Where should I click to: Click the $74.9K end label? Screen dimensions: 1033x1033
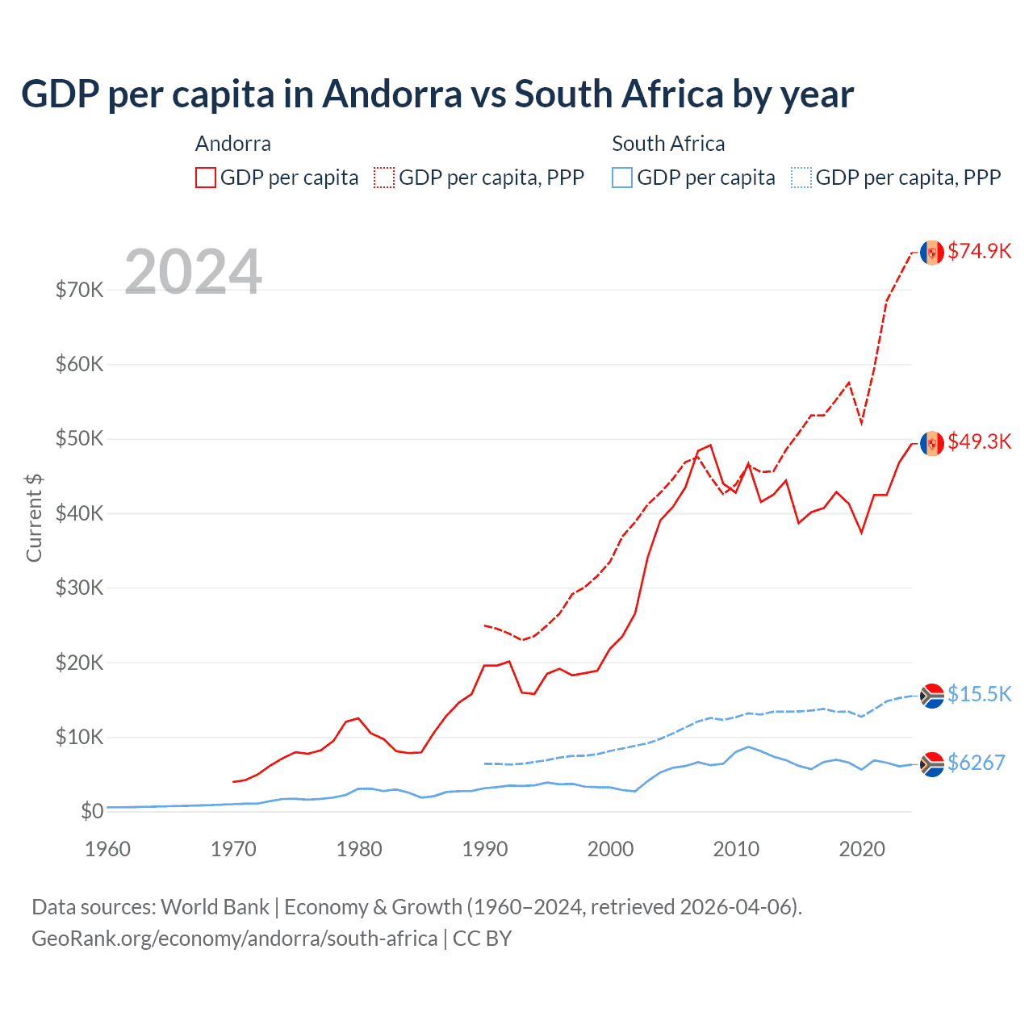pos(979,251)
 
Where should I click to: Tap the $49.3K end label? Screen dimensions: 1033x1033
pos(979,441)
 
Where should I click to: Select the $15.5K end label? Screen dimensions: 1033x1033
pos(979,694)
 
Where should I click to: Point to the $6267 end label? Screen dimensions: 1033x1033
pos(976,763)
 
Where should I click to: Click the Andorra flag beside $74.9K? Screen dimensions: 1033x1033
pos(932,253)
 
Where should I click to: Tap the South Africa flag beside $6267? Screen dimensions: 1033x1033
pos(932,763)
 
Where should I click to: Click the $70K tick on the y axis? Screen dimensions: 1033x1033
pos(79,290)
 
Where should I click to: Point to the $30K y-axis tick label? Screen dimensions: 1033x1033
pos(79,588)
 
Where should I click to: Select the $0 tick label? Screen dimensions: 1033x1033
pos(92,811)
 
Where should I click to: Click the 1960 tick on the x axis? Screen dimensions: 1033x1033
pos(107,849)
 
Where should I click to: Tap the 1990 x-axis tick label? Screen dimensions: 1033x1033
pos(485,849)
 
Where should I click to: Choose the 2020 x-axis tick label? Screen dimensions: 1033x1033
pos(862,849)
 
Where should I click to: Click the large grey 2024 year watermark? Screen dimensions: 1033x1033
pos(194,272)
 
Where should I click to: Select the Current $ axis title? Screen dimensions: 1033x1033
pos(34,517)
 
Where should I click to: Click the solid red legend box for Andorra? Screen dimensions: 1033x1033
pos(206,178)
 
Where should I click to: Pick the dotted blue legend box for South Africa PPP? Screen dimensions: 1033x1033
pos(801,178)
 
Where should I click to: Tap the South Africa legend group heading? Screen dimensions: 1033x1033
pos(668,144)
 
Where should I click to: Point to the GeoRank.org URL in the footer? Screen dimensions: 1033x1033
pos(234,939)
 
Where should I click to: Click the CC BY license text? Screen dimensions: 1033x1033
pos(482,939)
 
